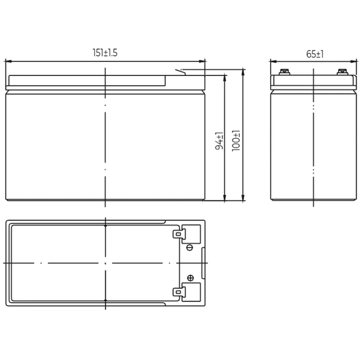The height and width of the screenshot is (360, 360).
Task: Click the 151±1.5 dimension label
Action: pyautogui.click(x=105, y=52)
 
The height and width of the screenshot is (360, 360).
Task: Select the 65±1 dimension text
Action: pyautogui.click(x=315, y=54)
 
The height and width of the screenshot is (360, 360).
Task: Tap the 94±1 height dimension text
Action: pyautogui.click(x=219, y=141)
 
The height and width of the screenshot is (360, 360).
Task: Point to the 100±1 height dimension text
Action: pyautogui.click(x=236, y=141)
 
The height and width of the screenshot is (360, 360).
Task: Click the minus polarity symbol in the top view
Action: pyautogui.click(x=190, y=247)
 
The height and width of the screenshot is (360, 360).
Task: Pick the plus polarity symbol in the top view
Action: pyautogui.click(x=190, y=278)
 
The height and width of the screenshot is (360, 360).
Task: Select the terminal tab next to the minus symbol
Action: pyautogui.click(x=177, y=234)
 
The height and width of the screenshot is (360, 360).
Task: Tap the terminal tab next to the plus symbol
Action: pyautogui.click(x=177, y=292)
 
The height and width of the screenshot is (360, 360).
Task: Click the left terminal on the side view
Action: pyautogui.click(x=285, y=72)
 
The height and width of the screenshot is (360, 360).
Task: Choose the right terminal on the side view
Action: pyautogui.click(x=343, y=72)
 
